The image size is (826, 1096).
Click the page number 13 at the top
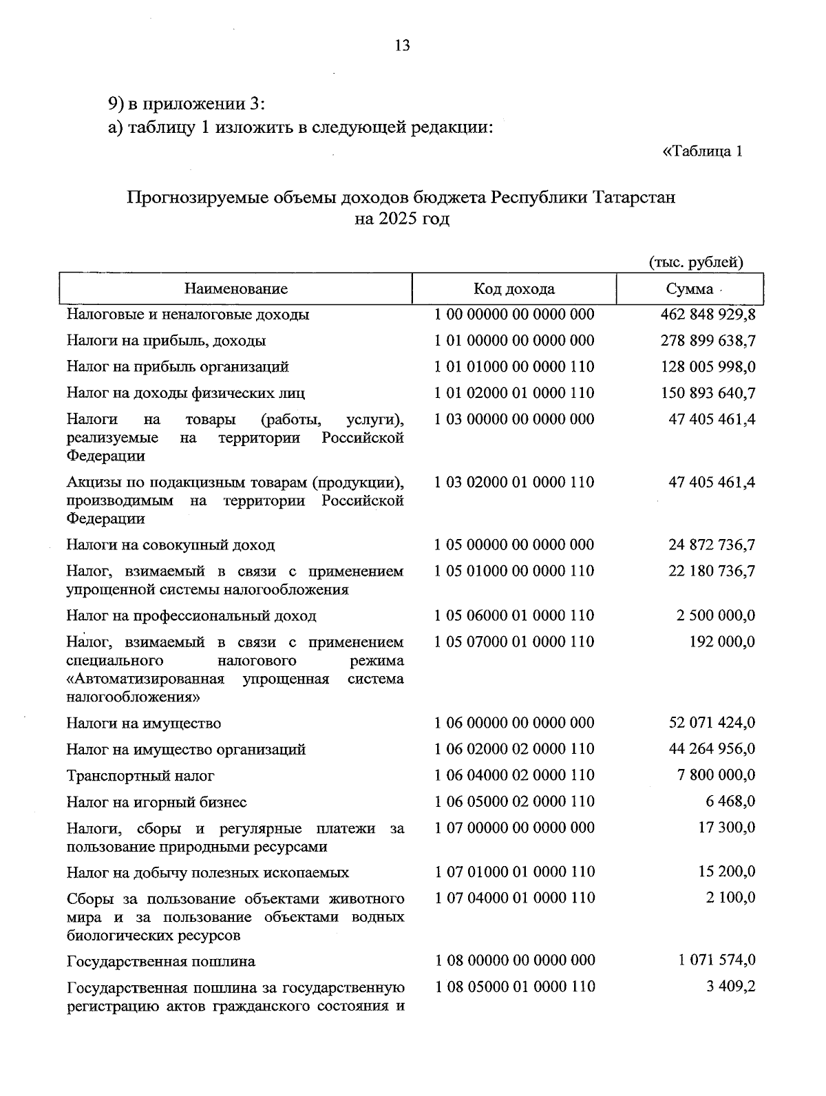[402, 46]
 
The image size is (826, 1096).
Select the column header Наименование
[235, 289]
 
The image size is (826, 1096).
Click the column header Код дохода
[513, 289]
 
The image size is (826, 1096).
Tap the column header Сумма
[689, 289]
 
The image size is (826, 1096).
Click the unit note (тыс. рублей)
[696, 262]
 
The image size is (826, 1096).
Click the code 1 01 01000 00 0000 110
[514, 367]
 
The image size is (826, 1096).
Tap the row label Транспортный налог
[140, 776]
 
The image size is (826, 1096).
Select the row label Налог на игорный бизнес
[156, 802]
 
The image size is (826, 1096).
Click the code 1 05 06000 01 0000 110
[514, 615]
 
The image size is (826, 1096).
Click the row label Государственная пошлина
[160, 961]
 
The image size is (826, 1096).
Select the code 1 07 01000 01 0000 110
[514, 872]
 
